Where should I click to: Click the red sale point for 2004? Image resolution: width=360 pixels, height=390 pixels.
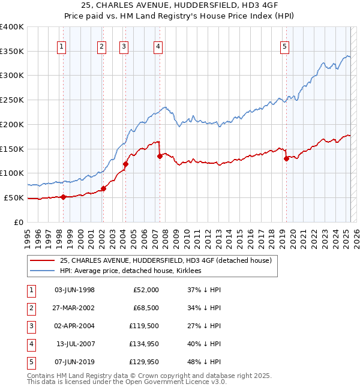coord(126,164)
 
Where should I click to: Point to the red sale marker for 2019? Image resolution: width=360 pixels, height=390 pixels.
coord(287,159)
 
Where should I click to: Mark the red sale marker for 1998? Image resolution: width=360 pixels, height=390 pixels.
coord(63,197)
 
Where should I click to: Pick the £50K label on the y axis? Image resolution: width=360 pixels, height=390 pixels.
coord(14,197)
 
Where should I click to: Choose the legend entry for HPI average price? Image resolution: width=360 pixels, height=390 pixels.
coord(130,271)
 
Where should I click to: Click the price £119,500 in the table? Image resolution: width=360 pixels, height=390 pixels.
coord(142,326)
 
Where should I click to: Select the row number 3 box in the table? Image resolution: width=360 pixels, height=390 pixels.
coord(31,326)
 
